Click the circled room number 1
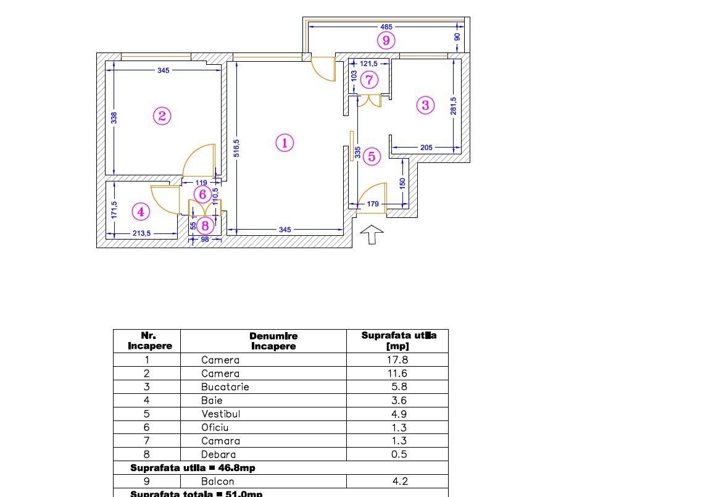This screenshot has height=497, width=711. pos(284,143)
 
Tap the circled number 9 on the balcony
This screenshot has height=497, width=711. pos(386,41)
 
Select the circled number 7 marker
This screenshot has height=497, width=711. pos(369,80)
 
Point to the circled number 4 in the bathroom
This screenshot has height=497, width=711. pos(141,212)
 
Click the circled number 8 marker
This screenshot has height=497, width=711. pos(205,225)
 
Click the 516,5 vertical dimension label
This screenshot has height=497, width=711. pos(237,148)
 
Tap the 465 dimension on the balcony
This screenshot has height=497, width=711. pos(386,27)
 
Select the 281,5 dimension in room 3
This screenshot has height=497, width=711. pos(454,106)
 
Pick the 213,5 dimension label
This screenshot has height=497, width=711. pos(141,233)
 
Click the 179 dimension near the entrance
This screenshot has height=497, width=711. pos(373,204)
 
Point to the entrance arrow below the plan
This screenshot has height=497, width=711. pos(372,235)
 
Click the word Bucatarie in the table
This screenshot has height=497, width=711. pos(225,387)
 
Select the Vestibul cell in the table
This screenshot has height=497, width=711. pos(220,414)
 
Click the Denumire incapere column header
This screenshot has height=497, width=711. pos(273,341)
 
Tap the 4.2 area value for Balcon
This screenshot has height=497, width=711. pos(399,482)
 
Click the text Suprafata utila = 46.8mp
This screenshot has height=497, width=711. pos(193,468)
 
